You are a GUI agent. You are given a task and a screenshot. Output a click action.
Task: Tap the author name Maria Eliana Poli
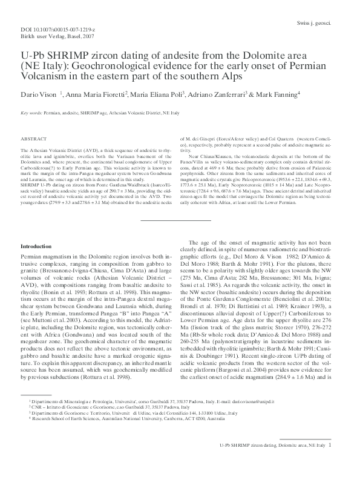tap(171, 95)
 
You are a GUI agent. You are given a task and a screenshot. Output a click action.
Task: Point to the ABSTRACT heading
tap(33, 139)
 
